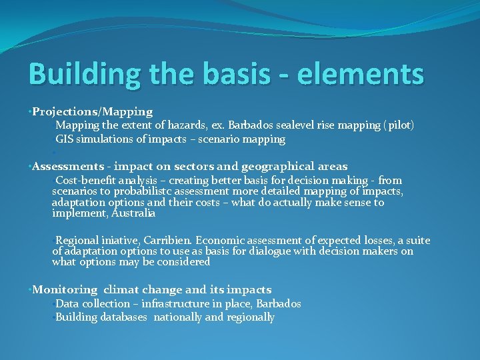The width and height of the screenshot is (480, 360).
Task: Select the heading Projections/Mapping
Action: point(93,111)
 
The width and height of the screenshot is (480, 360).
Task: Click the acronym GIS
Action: point(65,139)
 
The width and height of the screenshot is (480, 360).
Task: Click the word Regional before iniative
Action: point(77,240)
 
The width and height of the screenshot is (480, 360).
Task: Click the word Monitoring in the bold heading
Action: point(65,289)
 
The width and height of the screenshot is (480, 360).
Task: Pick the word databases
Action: point(123,317)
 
